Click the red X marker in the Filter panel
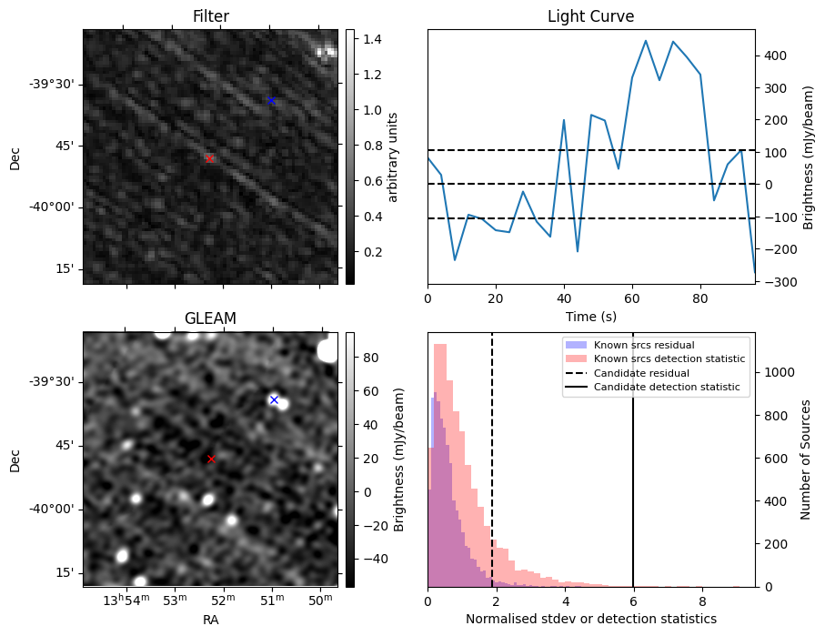(x=209, y=158)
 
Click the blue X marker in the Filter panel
(x=270, y=100)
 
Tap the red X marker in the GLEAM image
(x=211, y=459)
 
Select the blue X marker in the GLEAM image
(x=274, y=399)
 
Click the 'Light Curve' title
(x=590, y=16)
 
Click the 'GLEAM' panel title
(x=210, y=318)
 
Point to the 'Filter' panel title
(x=210, y=16)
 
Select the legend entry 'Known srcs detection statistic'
(x=669, y=359)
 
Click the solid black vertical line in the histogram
(x=633, y=473)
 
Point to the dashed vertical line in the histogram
(x=492, y=473)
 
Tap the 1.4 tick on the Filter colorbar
(x=367, y=39)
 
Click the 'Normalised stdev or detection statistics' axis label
(x=590, y=620)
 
